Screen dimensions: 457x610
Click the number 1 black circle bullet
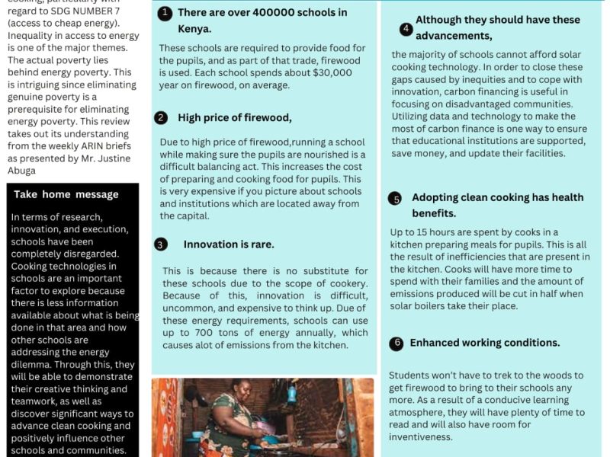pos(165,13)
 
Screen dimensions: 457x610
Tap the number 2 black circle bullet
pos(161,117)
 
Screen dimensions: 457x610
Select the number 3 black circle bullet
pos(161,244)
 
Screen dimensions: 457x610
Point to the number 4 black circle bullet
pos(406,30)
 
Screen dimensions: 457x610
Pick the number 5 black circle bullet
pos(395,199)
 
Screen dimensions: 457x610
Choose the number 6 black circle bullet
pos(396,344)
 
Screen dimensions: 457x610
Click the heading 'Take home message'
pos(66,194)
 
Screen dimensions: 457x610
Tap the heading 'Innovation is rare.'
pos(229,244)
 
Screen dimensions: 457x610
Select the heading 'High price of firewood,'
pos(235,117)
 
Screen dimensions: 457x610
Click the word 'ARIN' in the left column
pos(82,145)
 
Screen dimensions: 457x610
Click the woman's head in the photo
pos(243,389)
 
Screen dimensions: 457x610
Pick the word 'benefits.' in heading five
pos(434,214)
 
